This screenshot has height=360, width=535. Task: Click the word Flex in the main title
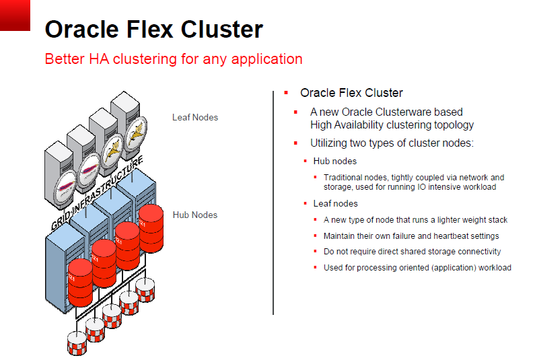click(x=150, y=29)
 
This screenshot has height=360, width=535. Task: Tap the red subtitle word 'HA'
click(x=99, y=59)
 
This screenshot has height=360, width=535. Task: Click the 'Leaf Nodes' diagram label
click(x=195, y=117)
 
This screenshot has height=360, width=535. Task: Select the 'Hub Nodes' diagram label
click(x=195, y=215)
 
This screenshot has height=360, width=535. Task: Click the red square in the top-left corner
click(x=15, y=15)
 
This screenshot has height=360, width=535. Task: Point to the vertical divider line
click(x=273, y=203)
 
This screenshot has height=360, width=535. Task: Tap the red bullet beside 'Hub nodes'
click(x=306, y=161)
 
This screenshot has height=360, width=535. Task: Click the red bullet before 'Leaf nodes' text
click(x=306, y=203)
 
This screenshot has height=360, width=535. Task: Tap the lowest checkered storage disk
click(x=77, y=343)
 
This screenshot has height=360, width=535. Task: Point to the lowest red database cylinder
click(x=81, y=283)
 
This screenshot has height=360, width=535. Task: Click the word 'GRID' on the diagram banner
click(x=61, y=221)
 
